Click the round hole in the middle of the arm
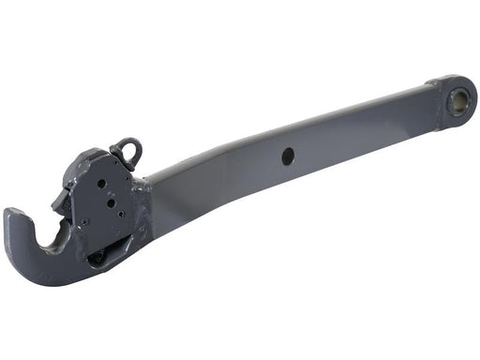tap(288, 157)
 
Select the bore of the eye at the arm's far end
tap(460, 97)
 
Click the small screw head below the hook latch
tap(83, 222)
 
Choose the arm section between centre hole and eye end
tap(366, 131)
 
